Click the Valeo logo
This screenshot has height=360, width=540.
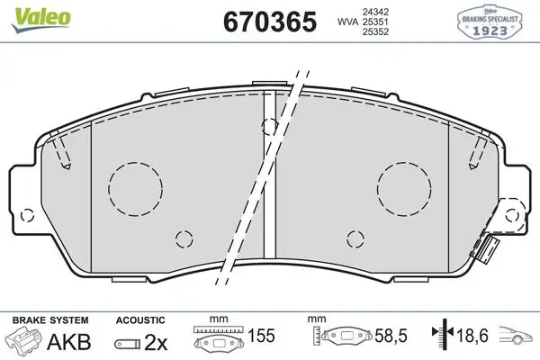point(41,20)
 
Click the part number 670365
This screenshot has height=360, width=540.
point(270,22)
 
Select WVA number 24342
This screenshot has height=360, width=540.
point(375,12)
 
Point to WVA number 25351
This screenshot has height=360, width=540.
point(375,22)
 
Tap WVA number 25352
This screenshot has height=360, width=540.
point(375,31)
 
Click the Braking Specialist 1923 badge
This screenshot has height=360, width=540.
point(490,22)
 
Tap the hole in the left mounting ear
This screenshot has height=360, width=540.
point(27,216)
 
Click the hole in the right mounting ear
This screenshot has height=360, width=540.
point(512,216)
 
